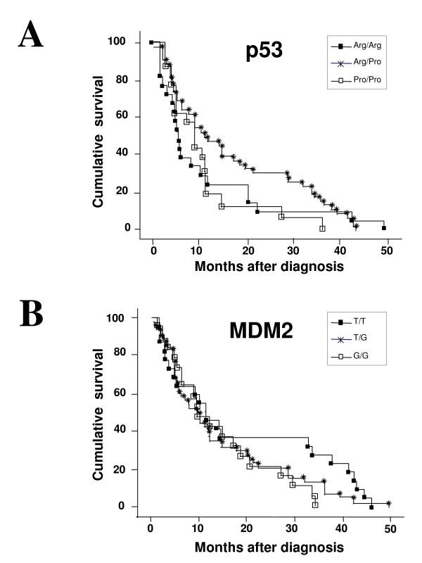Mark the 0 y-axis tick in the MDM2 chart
click(x=132, y=506)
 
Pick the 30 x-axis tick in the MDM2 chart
click(x=294, y=529)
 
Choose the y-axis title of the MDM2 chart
click(x=102, y=414)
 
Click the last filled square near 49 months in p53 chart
click(x=384, y=228)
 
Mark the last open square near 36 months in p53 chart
click(x=322, y=229)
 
